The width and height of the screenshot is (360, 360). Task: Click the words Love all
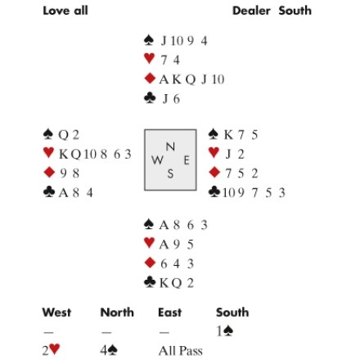pyautogui.click(x=65, y=11)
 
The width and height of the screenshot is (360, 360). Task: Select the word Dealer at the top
pyautogui.click(x=251, y=11)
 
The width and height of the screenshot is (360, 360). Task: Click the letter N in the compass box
pyautogui.click(x=170, y=146)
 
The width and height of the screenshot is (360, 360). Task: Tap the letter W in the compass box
pyautogui.click(x=157, y=160)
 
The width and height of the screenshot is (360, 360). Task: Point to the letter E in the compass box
pyautogui.click(x=187, y=160)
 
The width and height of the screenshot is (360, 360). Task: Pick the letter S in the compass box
pyautogui.click(x=170, y=173)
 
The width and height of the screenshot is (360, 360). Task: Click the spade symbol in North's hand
pyautogui.click(x=149, y=40)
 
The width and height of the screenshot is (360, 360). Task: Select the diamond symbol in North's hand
pyautogui.click(x=150, y=79)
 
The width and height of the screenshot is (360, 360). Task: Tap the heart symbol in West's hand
pyautogui.click(x=48, y=152)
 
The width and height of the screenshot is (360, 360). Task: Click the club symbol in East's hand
pyautogui.click(x=214, y=191)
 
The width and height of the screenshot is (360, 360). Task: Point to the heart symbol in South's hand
pyautogui.click(x=149, y=243)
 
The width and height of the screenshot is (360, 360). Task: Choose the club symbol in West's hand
pyautogui.click(x=49, y=191)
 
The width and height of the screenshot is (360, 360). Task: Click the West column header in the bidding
pyautogui.click(x=56, y=313)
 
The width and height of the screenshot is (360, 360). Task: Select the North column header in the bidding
pyautogui.click(x=117, y=313)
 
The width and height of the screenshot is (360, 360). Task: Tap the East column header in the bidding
pyautogui.click(x=169, y=313)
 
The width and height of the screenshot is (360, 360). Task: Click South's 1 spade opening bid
pyautogui.click(x=225, y=331)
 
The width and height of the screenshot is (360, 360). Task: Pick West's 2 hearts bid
pyautogui.click(x=51, y=350)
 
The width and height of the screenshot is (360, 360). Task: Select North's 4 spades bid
pyautogui.click(x=109, y=350)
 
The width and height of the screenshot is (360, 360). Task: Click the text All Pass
pyautogui.click(x=181, y=351)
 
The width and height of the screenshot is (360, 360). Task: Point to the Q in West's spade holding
pyautogui.click(x=63, y=135)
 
